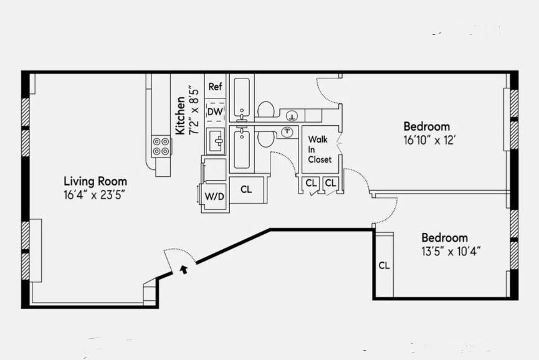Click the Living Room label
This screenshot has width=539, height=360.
(95, 181)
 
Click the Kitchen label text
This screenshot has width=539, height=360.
(180, 115)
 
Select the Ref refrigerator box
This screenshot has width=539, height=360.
(215, 87)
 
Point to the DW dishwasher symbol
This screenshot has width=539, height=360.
(215, 111)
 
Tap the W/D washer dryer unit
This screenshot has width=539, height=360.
(214, 196)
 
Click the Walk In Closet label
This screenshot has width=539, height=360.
(320, 149)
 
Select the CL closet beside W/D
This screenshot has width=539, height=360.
(246, 189)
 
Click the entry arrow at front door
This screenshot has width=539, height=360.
(183, 269)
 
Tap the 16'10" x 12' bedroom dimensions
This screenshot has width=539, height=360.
(431, 141)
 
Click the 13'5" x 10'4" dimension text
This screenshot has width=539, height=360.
(452, 251)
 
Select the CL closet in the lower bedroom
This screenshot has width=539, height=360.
(384, 265)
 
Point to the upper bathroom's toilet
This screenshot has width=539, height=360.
(267, 110)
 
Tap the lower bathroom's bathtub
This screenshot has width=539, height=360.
(241, 148)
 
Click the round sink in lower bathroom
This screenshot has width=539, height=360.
(287, 131)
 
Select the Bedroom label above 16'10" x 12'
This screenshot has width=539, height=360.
(426, 126)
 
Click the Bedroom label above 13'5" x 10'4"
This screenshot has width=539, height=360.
(444, 238)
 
